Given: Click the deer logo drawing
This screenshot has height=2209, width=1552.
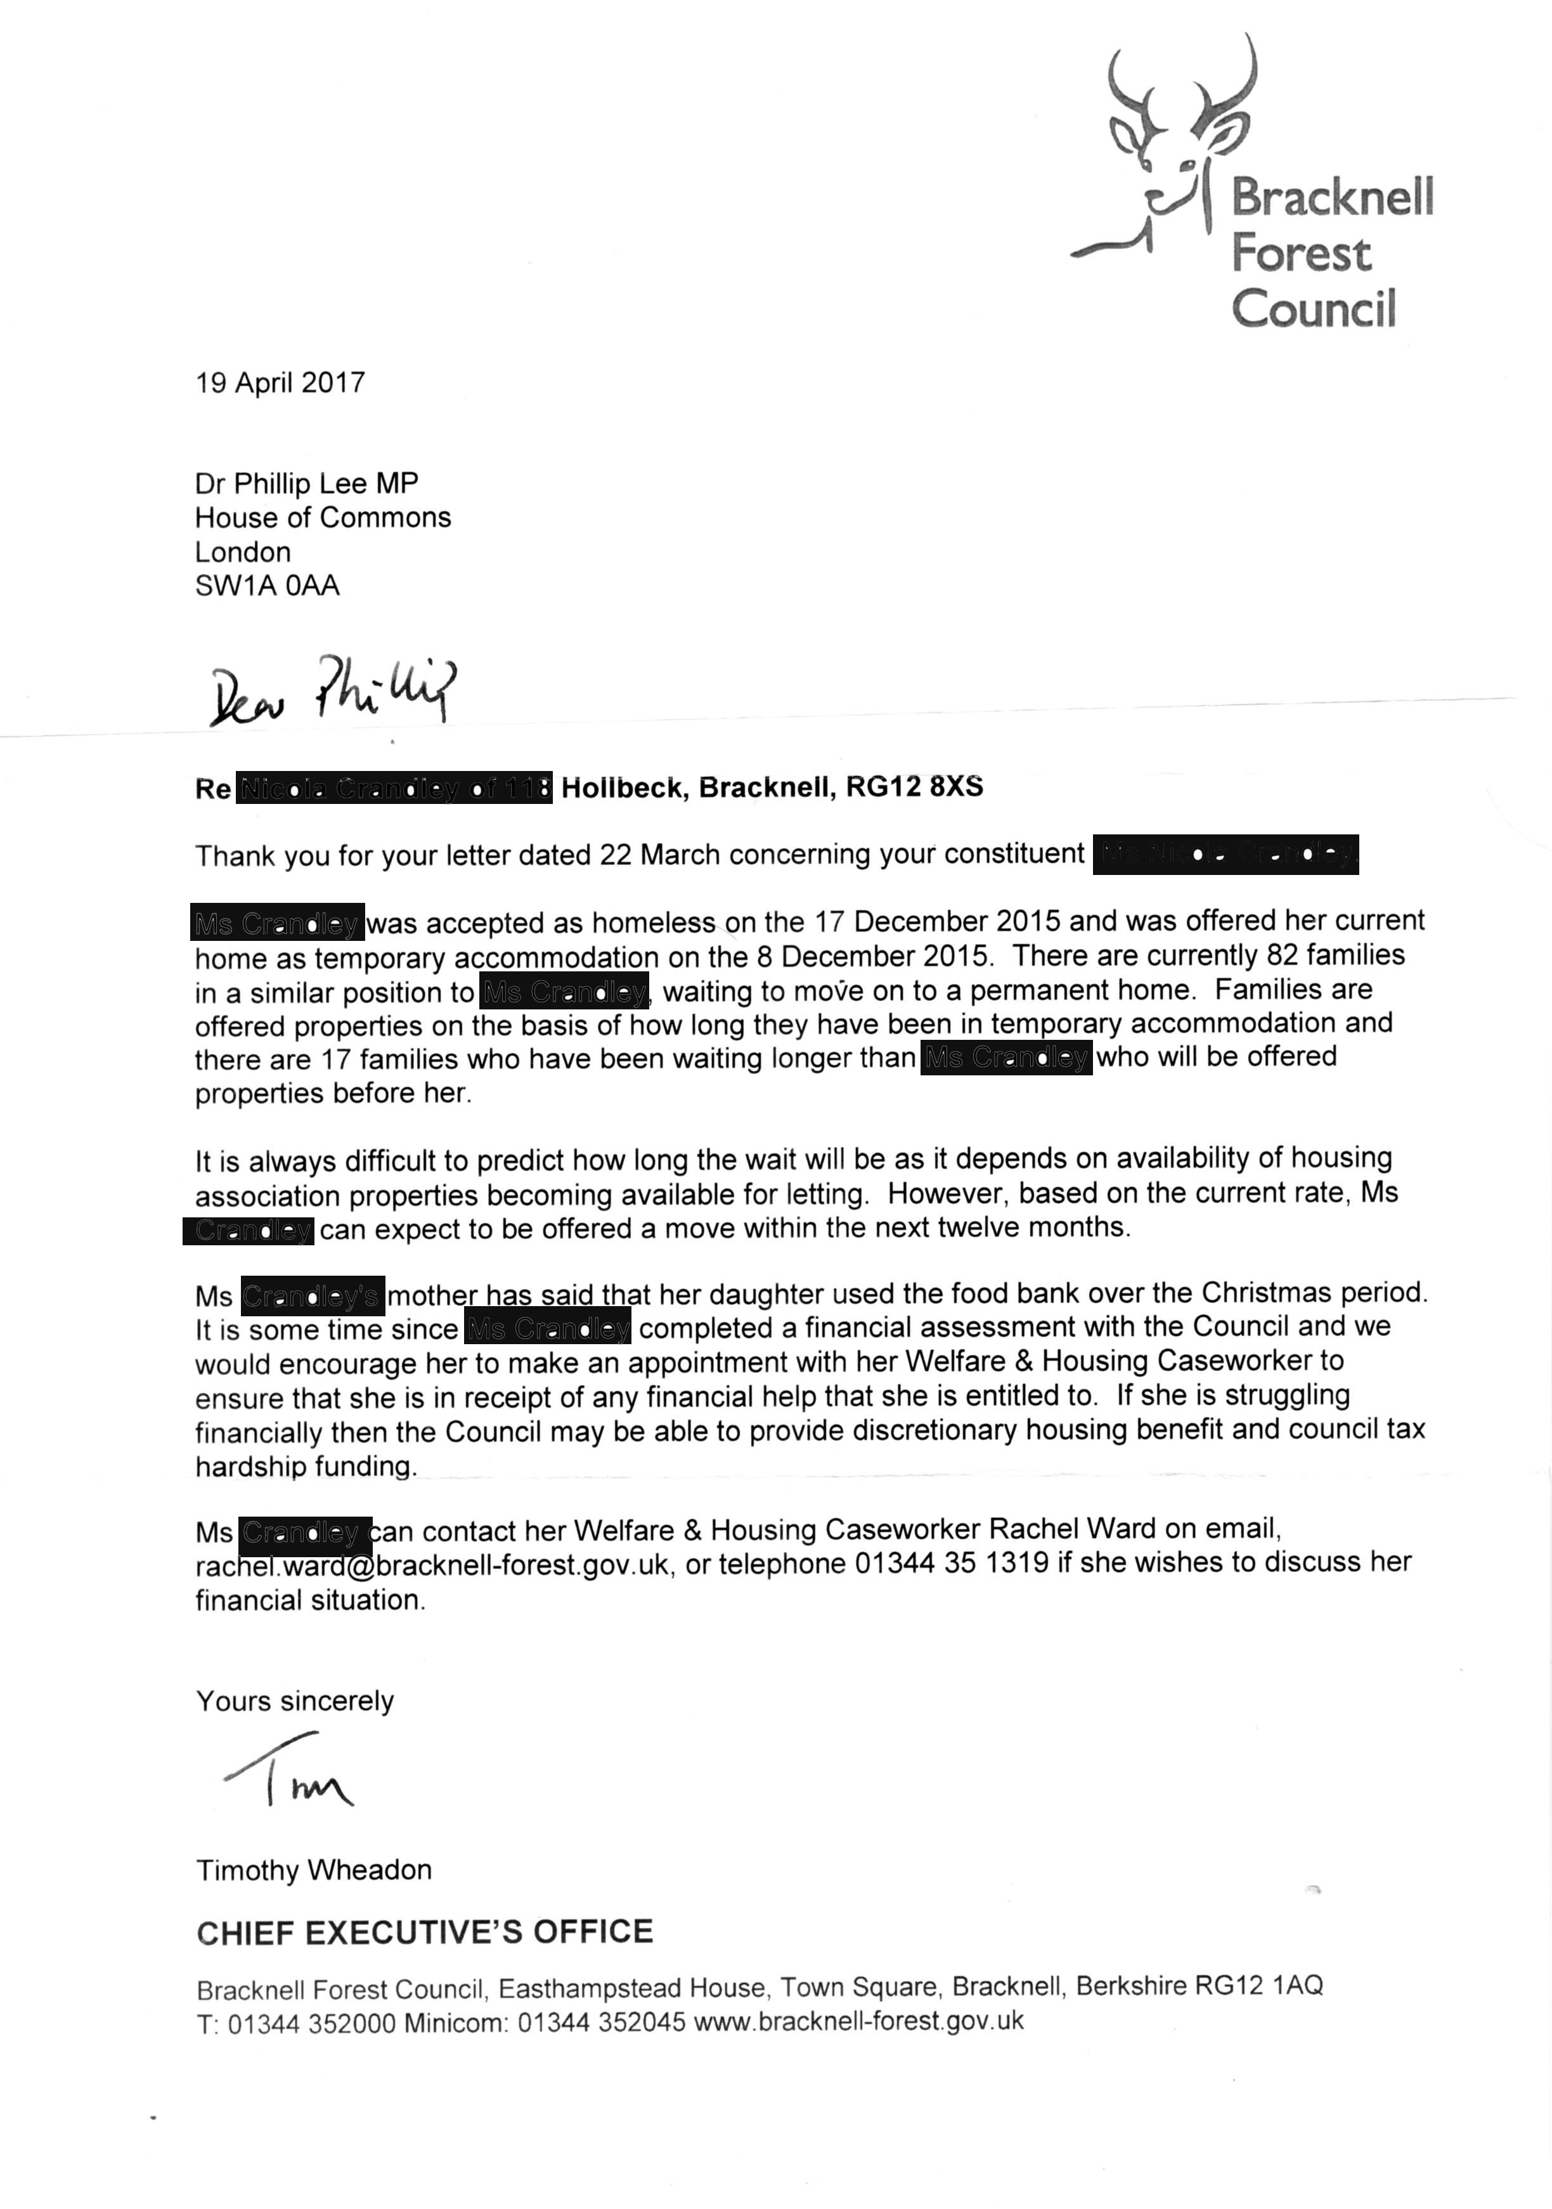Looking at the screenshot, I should [1169, 145].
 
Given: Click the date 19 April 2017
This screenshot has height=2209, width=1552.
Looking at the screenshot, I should [280, 383].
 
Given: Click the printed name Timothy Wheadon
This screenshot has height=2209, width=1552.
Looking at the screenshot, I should [314, 1869].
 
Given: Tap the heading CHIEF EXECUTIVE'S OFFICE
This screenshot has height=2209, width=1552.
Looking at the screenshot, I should [424, 1932].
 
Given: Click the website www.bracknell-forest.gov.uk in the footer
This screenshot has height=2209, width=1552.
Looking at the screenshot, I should [858, 2021].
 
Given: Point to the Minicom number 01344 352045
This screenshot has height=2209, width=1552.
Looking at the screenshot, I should [602, 2023].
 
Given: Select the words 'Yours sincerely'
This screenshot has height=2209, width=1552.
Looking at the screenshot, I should [294, 1701].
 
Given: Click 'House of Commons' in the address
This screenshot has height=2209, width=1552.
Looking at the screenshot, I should [322, 517].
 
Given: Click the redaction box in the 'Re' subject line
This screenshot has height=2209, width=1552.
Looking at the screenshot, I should [394, 789].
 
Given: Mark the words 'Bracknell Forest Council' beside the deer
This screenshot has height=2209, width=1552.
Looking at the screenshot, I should [1331, 253].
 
